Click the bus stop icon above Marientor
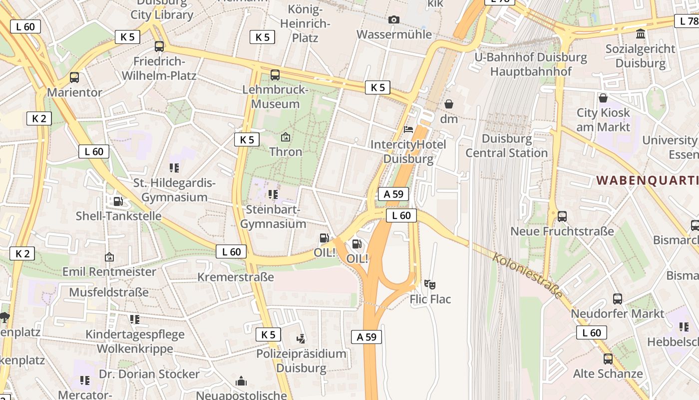point(74,77)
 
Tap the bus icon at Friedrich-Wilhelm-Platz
point(159,46)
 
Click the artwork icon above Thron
point(286,136)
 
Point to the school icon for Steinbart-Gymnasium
point(273,194)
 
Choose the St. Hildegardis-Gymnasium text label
point(174,190)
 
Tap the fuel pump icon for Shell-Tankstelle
point(118,201)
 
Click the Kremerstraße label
point(236,277)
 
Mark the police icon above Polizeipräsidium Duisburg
point(301,339)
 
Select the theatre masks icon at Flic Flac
point(430,284)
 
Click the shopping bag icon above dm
point(449,104)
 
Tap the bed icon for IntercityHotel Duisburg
point(408,129)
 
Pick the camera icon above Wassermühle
point(394,19)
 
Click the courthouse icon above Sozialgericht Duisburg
point(640,34)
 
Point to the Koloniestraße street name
point(527,275)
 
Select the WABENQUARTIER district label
point(647,180)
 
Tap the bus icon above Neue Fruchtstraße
point(562,216)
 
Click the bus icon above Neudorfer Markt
point(618,299)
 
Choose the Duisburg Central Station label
point(507,145)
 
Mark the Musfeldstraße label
point(109,292)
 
